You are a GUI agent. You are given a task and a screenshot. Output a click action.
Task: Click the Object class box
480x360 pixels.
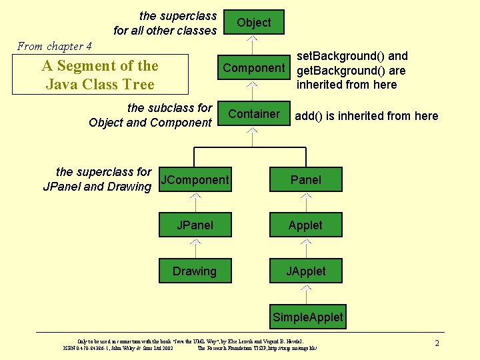[253, 22]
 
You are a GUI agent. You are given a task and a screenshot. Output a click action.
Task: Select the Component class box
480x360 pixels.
[253, 68]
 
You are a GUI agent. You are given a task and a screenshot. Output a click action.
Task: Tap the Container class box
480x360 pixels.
[253, 114]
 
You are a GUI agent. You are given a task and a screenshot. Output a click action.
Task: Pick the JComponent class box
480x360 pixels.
[195, 179]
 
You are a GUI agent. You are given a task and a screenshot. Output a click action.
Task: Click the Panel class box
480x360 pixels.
[305, 179]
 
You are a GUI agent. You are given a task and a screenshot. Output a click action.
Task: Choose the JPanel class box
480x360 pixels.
[195, 225]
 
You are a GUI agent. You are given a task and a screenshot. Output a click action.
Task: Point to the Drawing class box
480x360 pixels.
[195, 271]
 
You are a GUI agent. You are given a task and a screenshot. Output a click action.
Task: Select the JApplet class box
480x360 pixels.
[305, 271]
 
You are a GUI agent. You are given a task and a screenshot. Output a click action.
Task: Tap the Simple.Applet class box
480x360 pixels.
[307, 317]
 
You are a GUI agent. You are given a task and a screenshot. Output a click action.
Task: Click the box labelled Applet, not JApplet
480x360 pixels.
[305, 225]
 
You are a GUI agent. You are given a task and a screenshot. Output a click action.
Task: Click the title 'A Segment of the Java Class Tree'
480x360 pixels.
[99, 75]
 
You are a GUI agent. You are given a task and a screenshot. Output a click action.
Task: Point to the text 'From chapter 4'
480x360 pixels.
[55, 46]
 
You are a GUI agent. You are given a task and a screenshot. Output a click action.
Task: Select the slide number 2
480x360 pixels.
[437, 343]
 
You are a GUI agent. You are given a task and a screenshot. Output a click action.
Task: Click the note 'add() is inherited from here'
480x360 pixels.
[366, 116]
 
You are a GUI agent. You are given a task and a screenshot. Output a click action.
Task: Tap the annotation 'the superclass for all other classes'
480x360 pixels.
[165, 23]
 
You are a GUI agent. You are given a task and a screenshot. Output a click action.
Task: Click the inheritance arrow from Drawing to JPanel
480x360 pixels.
[195, 248]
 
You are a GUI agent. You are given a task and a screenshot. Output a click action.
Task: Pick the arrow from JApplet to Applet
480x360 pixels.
[305, 248]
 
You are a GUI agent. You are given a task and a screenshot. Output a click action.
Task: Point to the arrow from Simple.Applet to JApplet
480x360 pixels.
[305, 293]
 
